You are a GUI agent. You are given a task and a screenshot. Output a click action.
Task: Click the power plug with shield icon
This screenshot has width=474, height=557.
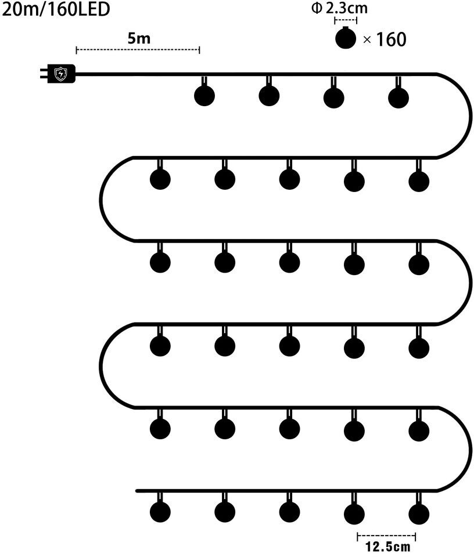(60, 74)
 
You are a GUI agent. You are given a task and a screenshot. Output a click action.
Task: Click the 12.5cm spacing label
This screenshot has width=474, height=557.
(387, 547)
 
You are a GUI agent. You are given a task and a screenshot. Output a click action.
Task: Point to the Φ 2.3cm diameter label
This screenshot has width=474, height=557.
(347, 9)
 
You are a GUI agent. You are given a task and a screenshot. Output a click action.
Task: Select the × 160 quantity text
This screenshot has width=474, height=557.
(384, 39)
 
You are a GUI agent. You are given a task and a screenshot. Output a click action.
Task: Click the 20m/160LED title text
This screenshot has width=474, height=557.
(56, 10)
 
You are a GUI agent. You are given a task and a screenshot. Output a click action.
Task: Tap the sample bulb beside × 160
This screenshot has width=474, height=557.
(346, 39)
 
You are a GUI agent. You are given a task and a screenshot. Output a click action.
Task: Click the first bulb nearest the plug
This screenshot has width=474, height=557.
(204, 96)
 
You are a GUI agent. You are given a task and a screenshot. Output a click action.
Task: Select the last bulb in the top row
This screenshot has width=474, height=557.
(398, 97)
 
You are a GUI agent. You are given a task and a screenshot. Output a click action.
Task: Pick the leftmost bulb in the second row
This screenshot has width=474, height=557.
(160, 179)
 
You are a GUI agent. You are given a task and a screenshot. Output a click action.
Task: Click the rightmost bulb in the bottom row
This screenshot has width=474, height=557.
(418, 513)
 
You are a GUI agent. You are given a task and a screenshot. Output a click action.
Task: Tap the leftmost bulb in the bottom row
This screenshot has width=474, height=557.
(160, 512)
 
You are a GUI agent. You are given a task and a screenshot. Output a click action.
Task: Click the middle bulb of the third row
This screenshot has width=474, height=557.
(289, 263)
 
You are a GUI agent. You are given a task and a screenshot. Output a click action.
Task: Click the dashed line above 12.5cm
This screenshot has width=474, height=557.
(386, 536)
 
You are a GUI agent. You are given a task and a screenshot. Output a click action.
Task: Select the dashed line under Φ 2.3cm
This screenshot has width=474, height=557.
(346, 20)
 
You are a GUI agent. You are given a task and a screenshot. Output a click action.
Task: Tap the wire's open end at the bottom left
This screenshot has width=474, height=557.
(138, 491)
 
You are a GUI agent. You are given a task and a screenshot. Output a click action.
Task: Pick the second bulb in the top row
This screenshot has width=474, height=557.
(268, 96)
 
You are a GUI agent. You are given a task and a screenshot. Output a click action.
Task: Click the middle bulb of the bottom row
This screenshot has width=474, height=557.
(289, 512)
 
